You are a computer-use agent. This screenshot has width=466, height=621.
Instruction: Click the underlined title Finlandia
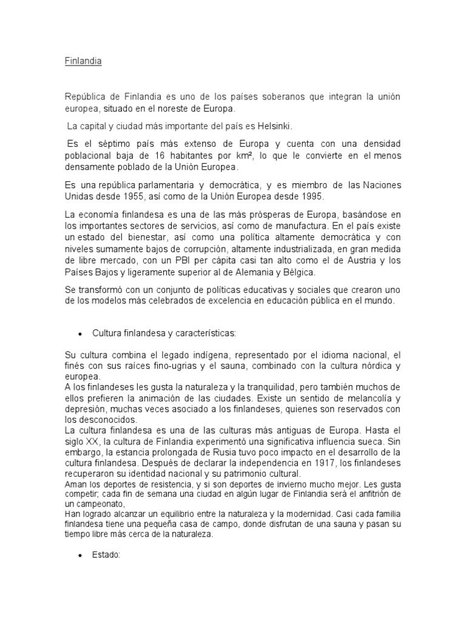(x=83, y=62)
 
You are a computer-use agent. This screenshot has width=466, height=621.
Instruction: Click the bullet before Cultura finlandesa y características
(x=80, y=334)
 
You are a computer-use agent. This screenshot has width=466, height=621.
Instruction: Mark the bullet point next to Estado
(x=80, y=554)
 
